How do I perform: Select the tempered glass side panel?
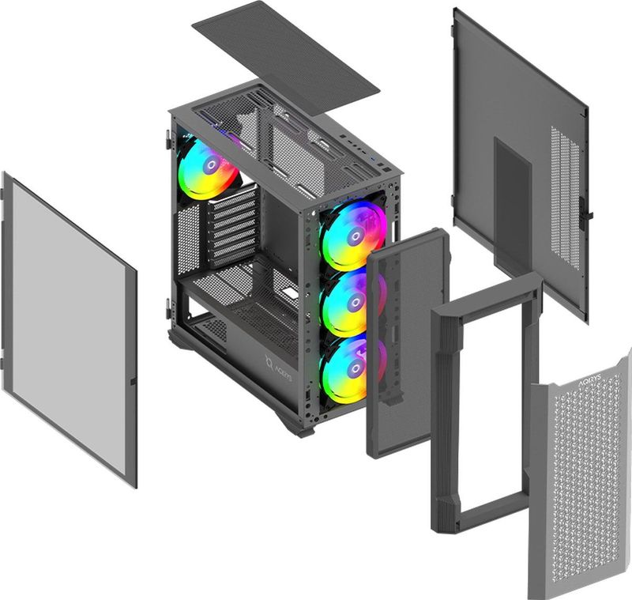coord(68,328)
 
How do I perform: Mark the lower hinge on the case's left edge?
coord(168,309)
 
